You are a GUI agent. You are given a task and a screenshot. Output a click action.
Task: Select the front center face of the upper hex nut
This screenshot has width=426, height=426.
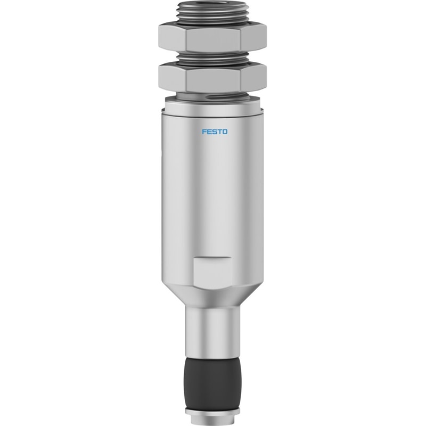pos(214,40)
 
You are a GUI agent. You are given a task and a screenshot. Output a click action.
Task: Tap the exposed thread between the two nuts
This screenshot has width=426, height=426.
pos(212,58)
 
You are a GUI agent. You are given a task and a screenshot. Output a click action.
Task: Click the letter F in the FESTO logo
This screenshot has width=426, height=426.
pos(204,132)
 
